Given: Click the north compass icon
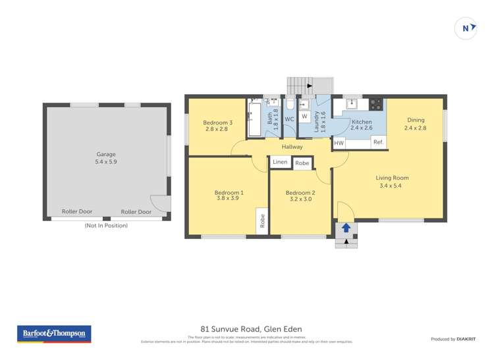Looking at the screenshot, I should [466, 28].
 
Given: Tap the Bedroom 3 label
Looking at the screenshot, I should [217, 122].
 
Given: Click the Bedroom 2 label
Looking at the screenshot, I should [300, 193].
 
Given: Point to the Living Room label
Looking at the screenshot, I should [392, 178].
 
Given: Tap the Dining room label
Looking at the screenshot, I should [416, 120].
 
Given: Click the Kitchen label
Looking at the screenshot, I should [362, 122].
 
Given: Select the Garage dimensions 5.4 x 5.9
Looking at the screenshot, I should [107, 161].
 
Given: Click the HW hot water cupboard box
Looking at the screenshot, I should [339, 143].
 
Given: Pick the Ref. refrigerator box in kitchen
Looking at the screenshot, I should [378, 142].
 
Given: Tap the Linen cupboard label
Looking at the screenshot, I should [280, 162].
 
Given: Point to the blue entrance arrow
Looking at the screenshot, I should [346, 228].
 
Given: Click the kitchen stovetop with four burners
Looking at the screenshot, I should [376, 103].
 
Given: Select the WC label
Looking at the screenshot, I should [289, 119].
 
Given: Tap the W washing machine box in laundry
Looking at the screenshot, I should [304, 116].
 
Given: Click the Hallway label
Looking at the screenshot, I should [292, 147].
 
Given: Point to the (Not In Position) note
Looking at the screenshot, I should [106, 225].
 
